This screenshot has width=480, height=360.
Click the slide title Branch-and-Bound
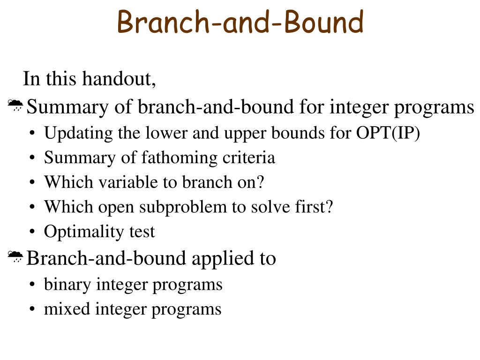240,22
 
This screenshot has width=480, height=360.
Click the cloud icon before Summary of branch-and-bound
15,105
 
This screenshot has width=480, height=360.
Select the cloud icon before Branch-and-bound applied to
15,256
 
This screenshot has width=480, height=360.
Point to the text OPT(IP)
388,133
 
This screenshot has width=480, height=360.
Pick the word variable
127,182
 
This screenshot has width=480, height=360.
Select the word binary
67,285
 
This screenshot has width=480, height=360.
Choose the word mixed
67,308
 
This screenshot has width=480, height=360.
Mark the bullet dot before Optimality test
32,232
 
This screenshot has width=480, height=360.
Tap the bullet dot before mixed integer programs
32,309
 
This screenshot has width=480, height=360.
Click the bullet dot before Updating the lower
32,134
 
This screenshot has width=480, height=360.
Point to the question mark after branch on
260,182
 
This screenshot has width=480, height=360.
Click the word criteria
248,157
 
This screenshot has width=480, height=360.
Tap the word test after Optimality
142,232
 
